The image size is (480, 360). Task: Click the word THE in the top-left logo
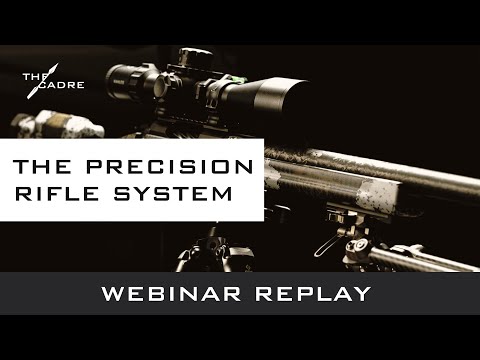pos(33,76)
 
